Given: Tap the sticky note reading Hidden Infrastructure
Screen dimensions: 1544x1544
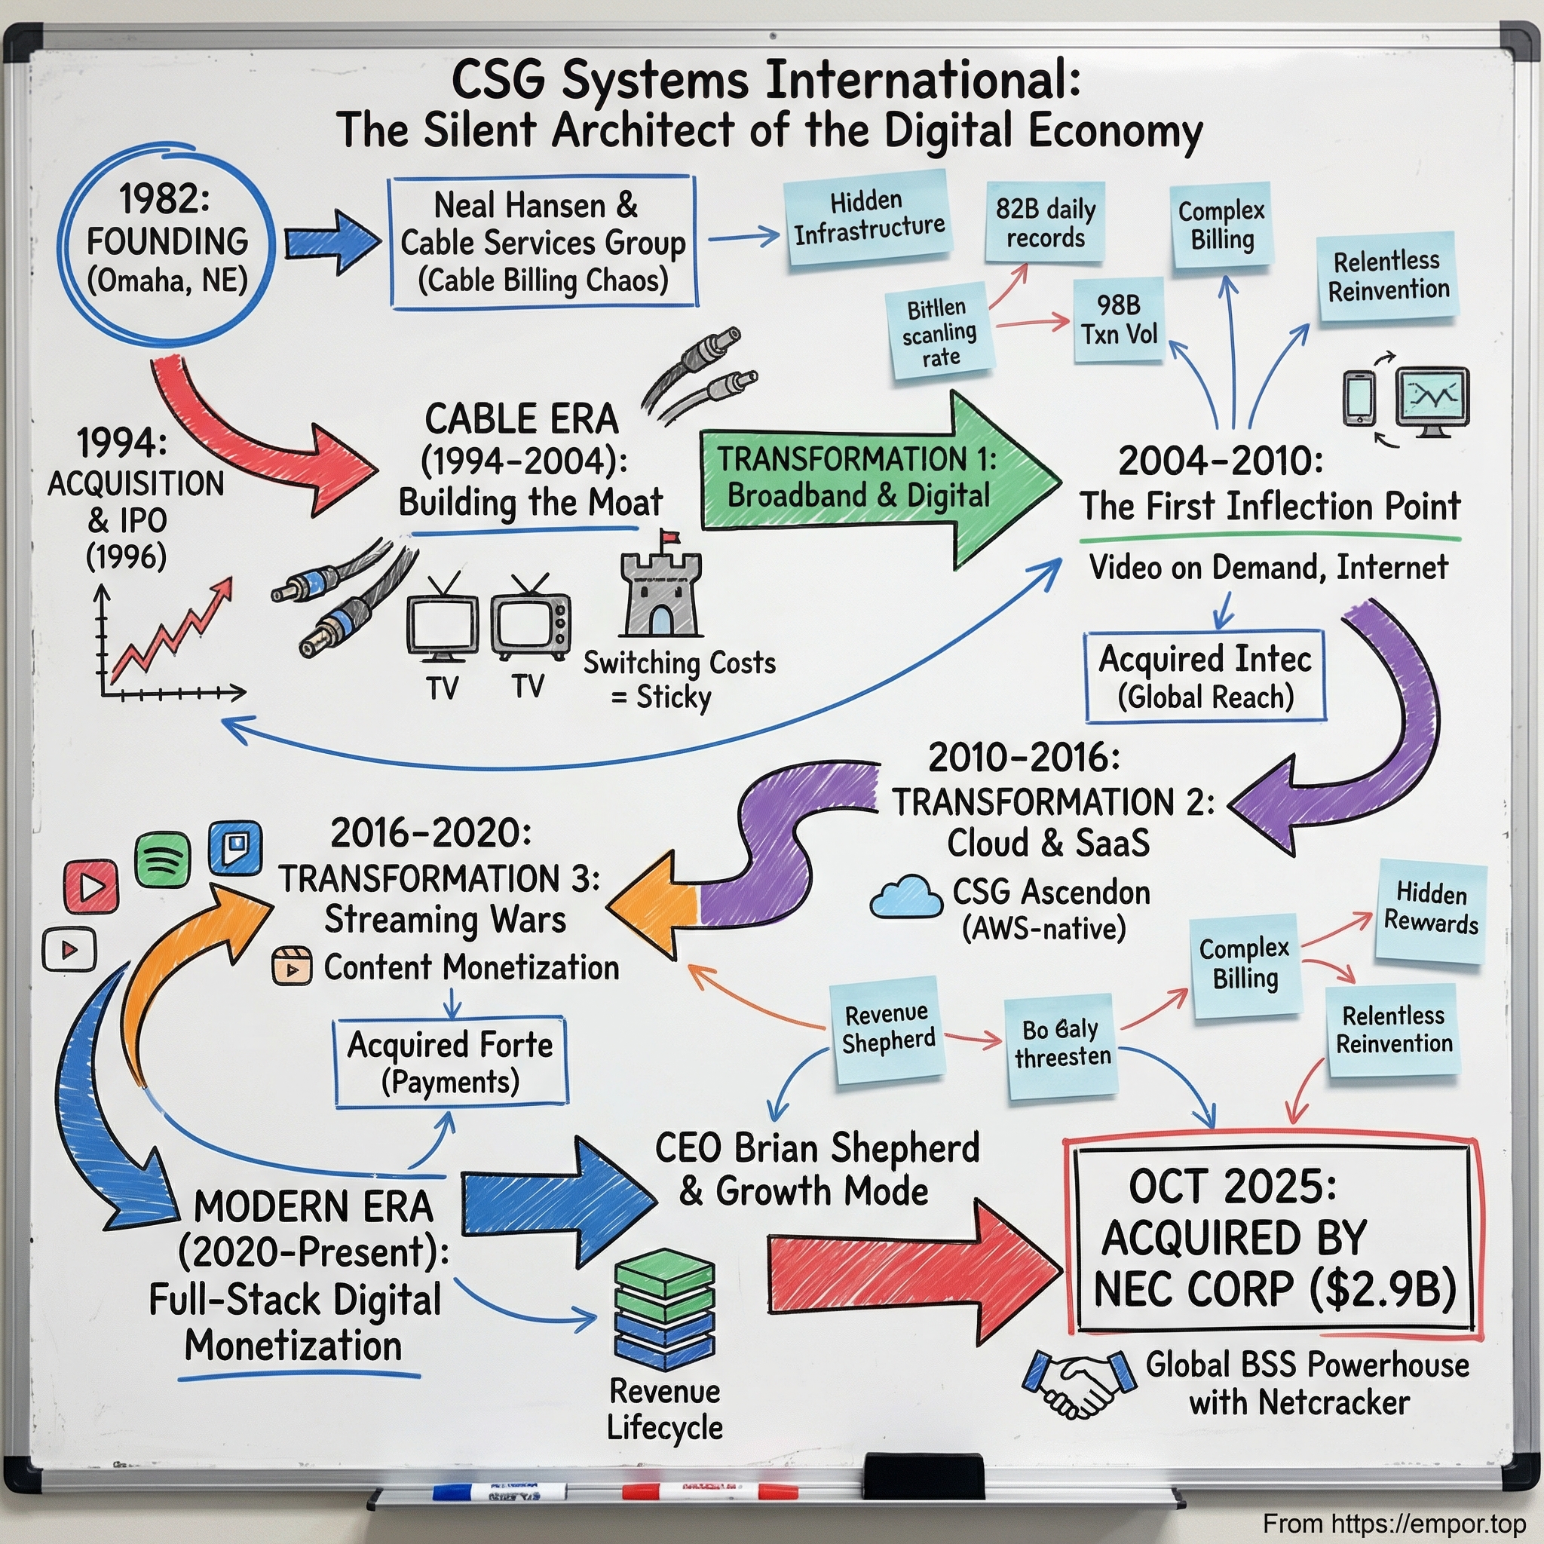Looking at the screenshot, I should click(868, 217).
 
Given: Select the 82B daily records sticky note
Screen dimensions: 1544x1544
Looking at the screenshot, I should click(1044, 223).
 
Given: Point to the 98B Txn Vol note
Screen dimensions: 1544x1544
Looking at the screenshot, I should click(1118, 320).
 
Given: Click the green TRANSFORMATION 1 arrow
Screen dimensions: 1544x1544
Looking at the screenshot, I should click(871, 479).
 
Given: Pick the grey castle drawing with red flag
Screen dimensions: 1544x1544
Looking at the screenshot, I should click(661, 587).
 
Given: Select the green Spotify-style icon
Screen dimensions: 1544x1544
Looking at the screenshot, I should click(162, 860).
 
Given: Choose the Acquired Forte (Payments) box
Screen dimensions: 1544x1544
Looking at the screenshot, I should click(451, 1062).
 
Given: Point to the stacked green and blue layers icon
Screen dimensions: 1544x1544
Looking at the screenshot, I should click(664, 1310).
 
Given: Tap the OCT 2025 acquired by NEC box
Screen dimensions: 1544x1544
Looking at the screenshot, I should click(1273, 1239).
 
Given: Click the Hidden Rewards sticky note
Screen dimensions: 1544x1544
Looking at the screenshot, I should click(1429, 910).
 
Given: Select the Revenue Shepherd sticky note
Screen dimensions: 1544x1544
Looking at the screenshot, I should click(887, 1028).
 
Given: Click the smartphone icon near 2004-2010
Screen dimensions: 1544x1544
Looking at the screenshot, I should click(1359, 397).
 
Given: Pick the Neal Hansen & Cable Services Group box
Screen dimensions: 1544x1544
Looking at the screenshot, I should click(543, 242).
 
